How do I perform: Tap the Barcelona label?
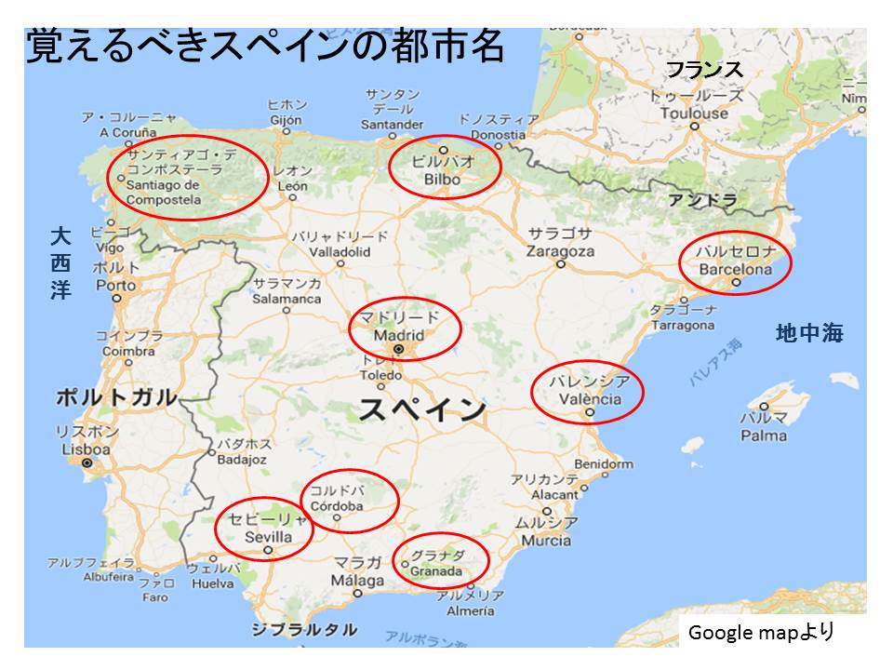coord(736,270)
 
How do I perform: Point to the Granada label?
coord(435,570)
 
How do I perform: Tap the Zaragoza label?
coord(559,251)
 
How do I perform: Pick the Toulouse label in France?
coord(694,113)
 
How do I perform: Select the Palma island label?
coord(764,435)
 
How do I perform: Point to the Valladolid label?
coord(340,251)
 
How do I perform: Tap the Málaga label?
coord(358,581)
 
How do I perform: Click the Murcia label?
coord(546,540)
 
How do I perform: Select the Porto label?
coord(115,285)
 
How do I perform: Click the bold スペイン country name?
coord(422,409)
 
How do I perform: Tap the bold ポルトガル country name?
coord(115,397)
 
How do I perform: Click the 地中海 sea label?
coord(809,333)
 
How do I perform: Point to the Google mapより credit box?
coord(760,633)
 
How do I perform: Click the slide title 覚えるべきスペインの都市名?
coord(264,47)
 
